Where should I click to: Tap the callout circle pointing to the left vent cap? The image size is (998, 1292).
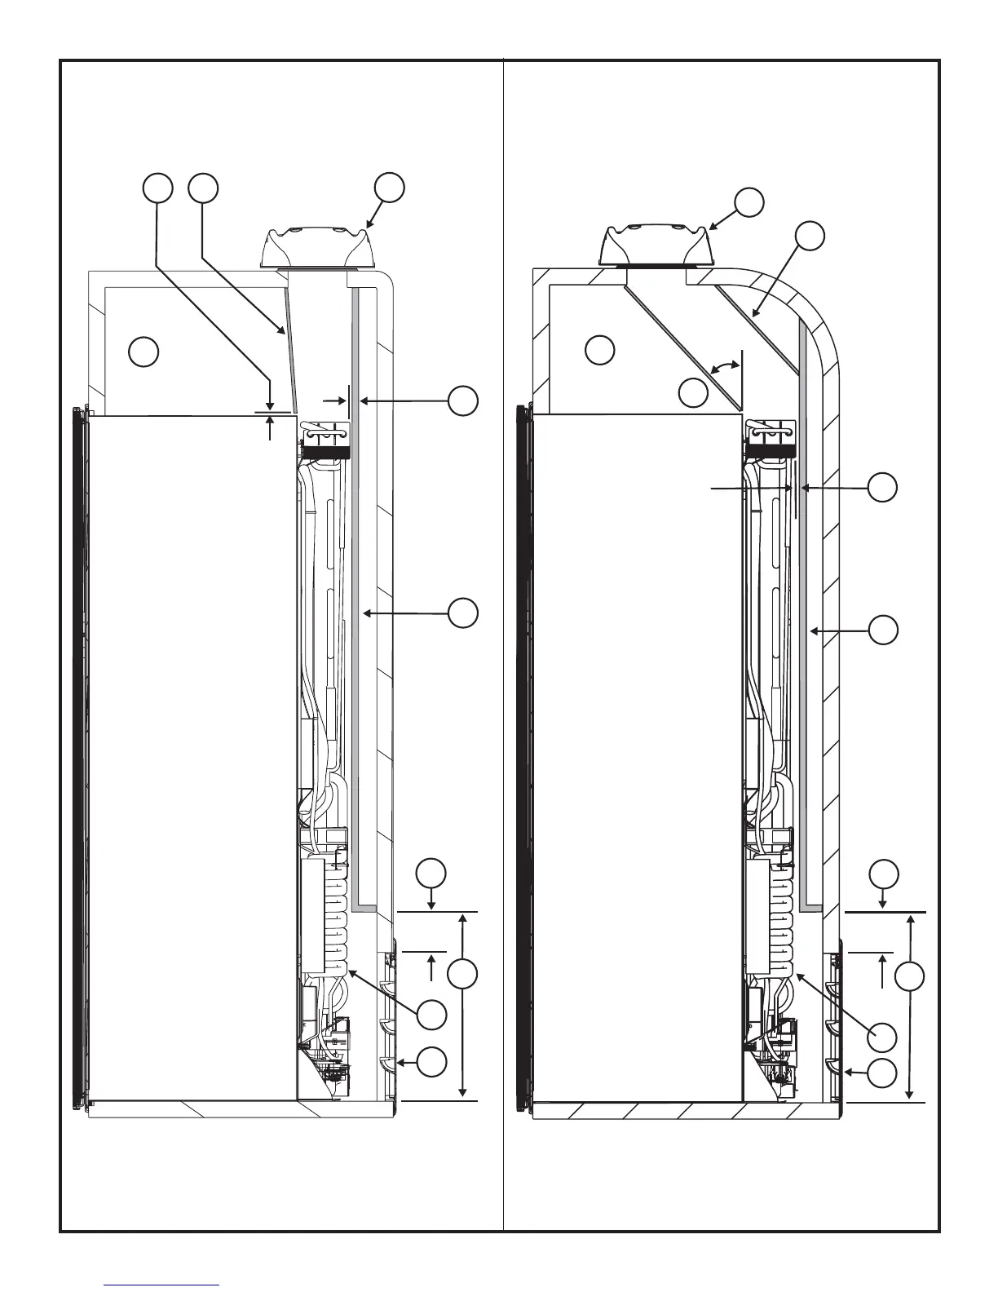click(x=389, y=187)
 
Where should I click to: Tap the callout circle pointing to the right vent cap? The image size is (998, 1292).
click(x=749, y=201)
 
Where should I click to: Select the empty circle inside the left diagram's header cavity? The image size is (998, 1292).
click(x=144, y=352)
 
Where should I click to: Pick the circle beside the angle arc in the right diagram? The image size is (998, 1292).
click(x=694, y=393)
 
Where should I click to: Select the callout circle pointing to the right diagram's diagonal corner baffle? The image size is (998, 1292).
click(x=810, y=236)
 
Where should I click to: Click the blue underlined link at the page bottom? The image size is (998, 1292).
click(x=162, y=1285)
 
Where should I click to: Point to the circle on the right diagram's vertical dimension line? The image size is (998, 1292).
click(x=911, y=976)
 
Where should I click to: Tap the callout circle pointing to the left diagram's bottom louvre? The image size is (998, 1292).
click(x=432, y=1062)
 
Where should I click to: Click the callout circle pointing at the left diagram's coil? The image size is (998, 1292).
click(x=432, y=1015)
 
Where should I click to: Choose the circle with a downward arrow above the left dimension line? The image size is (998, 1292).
click(x=431, y=873)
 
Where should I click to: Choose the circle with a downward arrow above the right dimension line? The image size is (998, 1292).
click(x=883, y=874)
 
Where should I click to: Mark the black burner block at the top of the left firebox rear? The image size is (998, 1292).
click(x=327, y=450)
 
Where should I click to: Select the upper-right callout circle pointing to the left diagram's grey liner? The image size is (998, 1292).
click(x=463, y=401)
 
